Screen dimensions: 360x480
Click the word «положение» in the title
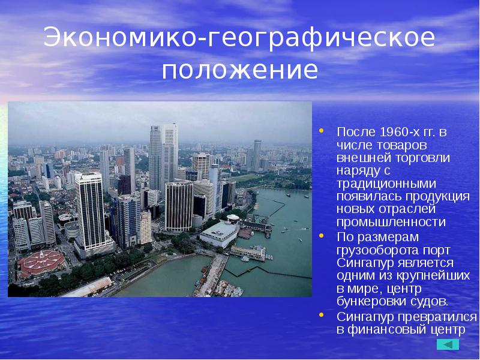(239, 70)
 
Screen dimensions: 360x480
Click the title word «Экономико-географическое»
(239, 39)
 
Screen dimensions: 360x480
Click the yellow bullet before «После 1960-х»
(322, 129)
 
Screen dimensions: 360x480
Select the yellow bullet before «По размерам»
(322, 236)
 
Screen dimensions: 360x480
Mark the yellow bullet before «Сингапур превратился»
(322, 314)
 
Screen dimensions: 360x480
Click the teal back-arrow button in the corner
(448, 344)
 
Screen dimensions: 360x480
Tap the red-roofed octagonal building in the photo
(41, 262)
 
